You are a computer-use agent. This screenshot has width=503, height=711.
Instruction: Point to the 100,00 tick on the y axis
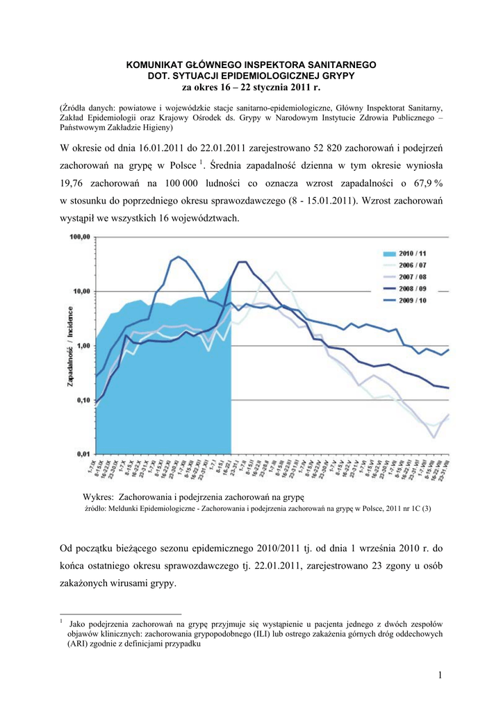point(80,237)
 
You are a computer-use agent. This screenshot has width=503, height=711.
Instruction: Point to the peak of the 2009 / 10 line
point(179,257)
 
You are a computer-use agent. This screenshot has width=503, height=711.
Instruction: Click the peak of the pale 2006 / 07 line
point(276,271)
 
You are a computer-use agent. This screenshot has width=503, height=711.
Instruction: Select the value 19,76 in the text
point(74,184)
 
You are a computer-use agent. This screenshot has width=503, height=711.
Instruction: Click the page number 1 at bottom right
point(440,676)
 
